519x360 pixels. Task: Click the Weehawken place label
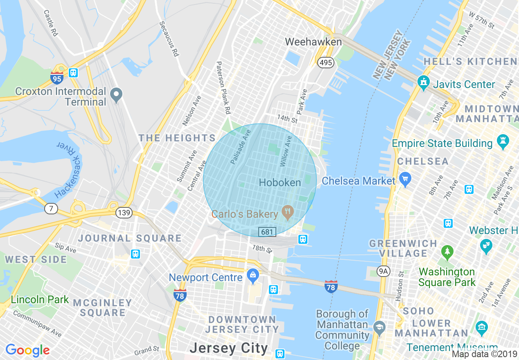(313, 42)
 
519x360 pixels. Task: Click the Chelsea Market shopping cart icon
(405, 179)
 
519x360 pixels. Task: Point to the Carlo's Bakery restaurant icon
(288, 213)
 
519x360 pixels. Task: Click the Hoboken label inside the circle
(280, 182)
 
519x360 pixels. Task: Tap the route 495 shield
(326, 63)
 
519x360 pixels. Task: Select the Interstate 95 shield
(57, 77)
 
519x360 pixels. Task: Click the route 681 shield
(267, 232)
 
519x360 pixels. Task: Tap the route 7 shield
(51, 209)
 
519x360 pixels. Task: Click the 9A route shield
(383, 270)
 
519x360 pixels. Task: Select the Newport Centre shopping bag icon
(253, 276)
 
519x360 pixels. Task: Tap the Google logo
(27, 350)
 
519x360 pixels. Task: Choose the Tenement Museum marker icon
(482, 326)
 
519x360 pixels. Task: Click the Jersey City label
(228, 349)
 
